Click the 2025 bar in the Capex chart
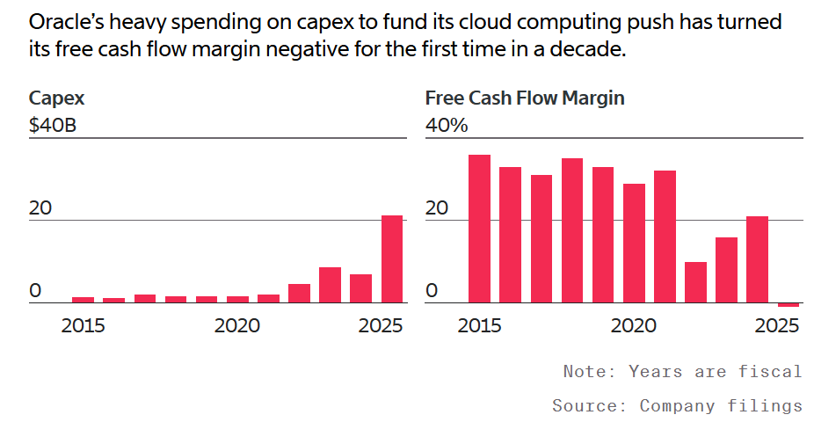pyautogui.click(x=391, y=259)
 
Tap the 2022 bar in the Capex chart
pyautogui.click(x=299, y=294)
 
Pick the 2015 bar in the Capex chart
pyautogui.click(x=83, y=300)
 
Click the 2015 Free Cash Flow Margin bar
pyautogui.click(x=479, y=229)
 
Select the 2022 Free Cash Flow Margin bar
pyautogui.click(x=695, y=282)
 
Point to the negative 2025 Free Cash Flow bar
pyautogui.click(x=789, y=305)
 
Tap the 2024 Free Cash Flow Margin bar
pyautogui.click(x=758, y=259)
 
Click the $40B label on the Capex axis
pyautogui.click(x=53, y=126)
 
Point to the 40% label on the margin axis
pyautogui.click(x=447, y=126)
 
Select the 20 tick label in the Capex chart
pyautogui.click(x=40, y=208)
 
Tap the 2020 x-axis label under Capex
pyautogui.click(x=236, y=326)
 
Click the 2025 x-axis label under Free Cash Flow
pyautogui.click(x=776, y=326)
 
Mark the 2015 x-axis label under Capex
pyautogui.click(x=83, y=326)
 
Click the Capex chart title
pyautogui.click(x=56, y=98)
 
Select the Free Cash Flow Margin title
pyautogui.click(x=525, y=98)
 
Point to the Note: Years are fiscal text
pyautogui.click(x=682, y=371)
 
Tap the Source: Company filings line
pyautogui.click(x=677, y=405)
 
